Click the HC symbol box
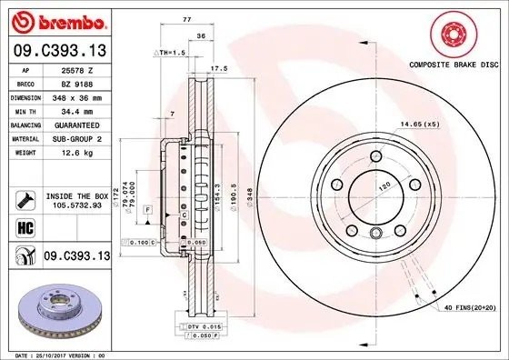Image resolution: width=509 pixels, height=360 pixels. pos(25,225)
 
